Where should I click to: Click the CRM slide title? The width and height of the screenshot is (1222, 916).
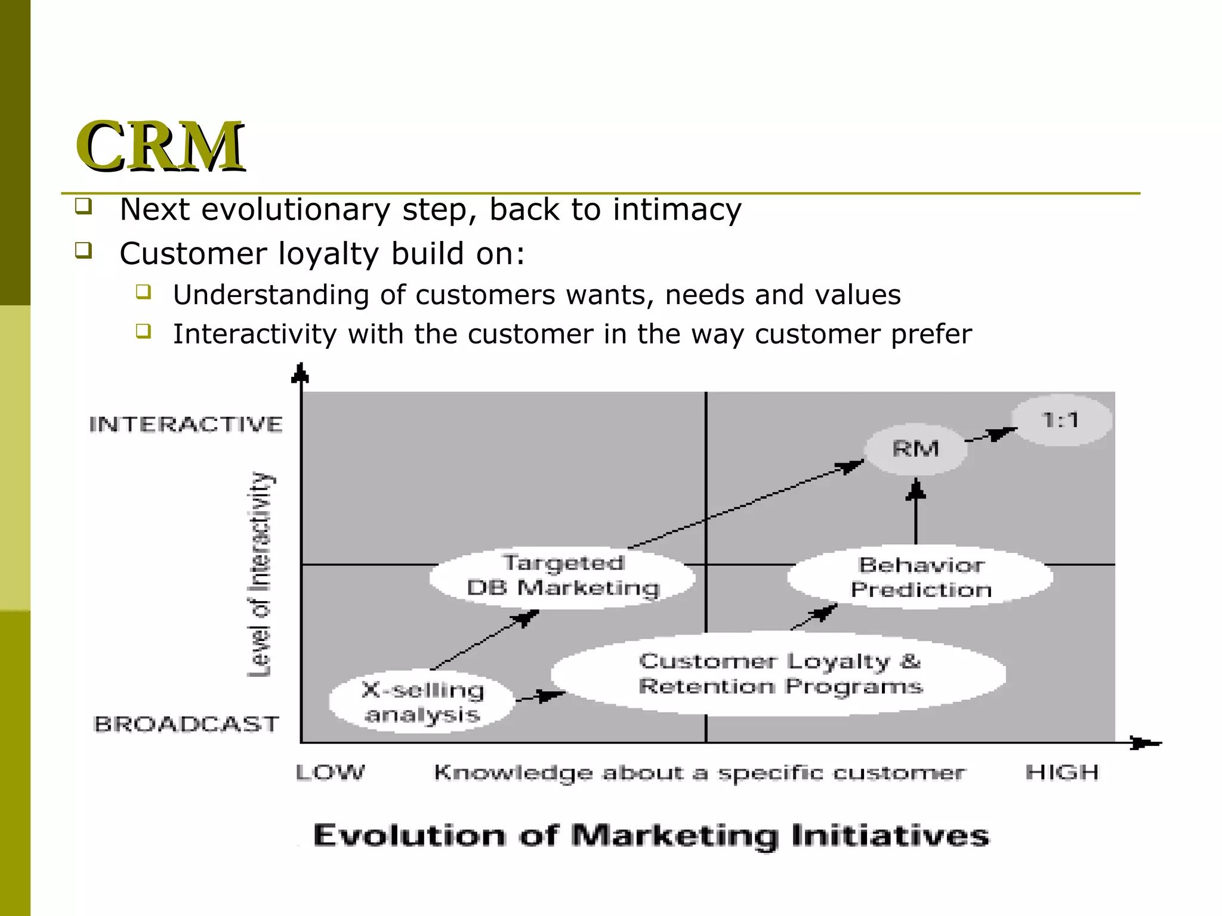point(160,146)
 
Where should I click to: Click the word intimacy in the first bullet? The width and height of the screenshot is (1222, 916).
point(677,210)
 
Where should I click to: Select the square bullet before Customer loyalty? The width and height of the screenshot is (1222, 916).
point(84,250)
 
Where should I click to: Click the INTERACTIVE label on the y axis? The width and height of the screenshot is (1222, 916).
point(186,425)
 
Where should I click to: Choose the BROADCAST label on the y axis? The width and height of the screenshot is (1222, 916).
point(186,724)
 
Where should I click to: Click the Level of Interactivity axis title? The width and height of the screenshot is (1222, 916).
point(260,574)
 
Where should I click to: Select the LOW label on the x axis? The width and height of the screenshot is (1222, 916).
point(330,773)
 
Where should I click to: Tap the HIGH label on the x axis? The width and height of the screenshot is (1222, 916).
point(1061,773)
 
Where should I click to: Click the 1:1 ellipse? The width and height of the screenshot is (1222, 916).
point(1061,420)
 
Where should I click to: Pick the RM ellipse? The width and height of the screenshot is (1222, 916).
point(916,449)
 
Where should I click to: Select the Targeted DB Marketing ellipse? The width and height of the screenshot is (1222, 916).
point(563,576)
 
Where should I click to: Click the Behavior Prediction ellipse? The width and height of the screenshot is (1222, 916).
point(920,577)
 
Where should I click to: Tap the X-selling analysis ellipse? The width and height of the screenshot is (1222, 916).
point(422,702)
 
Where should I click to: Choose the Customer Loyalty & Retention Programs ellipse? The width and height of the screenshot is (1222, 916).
point(779,674)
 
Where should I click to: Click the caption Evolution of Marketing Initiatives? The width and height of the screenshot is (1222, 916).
point(651,835)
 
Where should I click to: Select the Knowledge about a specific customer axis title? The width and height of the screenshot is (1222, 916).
point(698,773)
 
